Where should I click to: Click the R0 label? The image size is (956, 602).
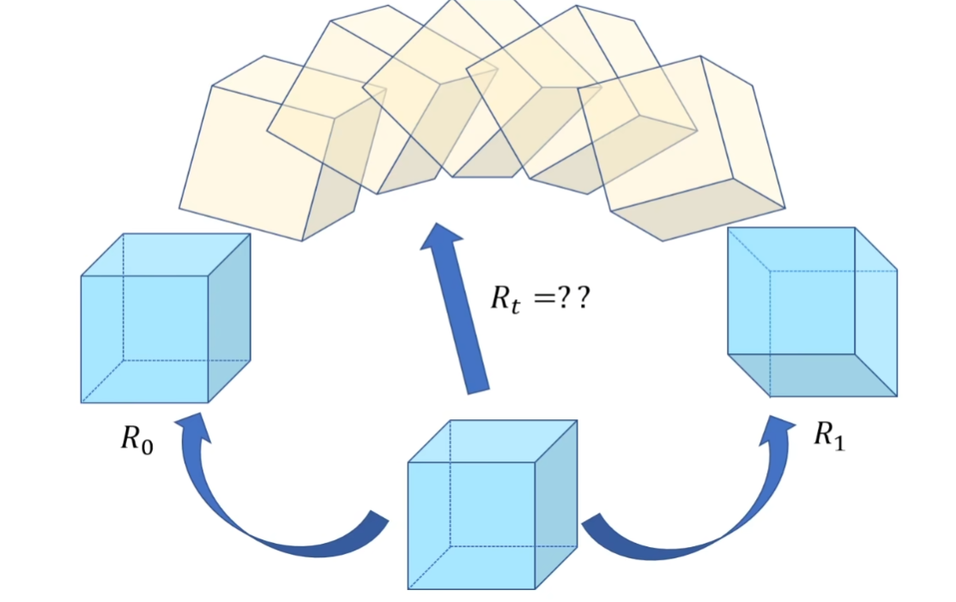[137, 440]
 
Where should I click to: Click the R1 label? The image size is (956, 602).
[829, 436]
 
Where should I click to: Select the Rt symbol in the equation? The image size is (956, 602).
[505, 299]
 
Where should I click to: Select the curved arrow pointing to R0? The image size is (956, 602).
[257, 515]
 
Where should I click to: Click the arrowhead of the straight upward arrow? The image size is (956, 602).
[443, 240]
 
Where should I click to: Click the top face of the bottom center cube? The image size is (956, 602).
[493, 441]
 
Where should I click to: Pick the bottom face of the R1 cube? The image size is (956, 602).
[811, 375]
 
